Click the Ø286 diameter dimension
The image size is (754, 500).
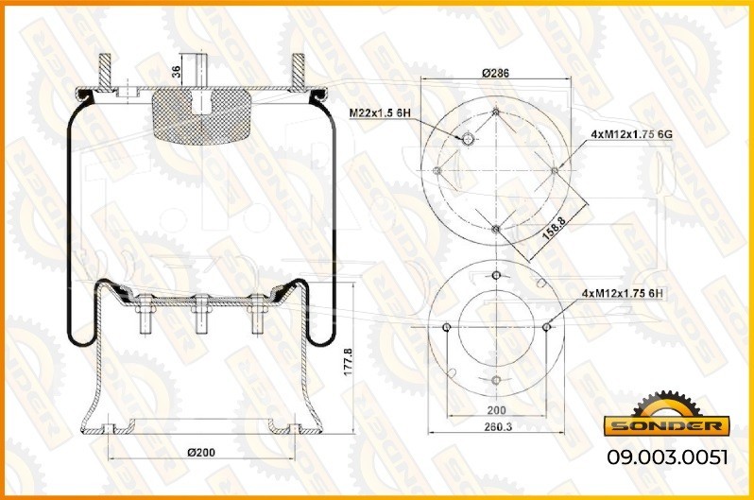(x=495, y=73)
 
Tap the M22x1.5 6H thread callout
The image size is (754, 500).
(x=380, y=113)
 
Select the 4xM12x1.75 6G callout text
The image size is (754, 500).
(x=631, y=135)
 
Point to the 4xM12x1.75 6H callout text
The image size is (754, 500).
(x=623, y=293)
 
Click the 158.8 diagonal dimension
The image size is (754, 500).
(x=555, y=227)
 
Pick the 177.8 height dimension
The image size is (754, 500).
(x=348, y=362)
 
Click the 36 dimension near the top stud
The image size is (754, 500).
(x=176, y=72)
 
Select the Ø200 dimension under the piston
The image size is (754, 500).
(x=201, y=453)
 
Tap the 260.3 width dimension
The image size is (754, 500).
(x=498, y=426)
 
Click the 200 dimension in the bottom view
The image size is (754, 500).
(x=496, y=410)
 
